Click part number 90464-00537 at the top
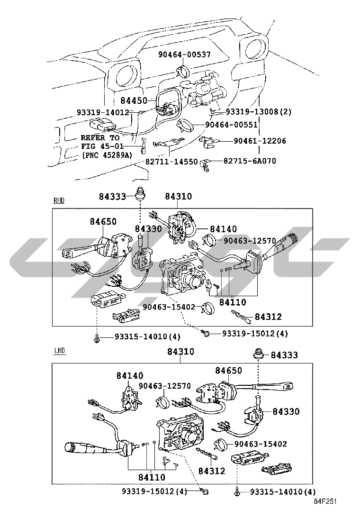point(184,55)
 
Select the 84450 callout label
point(134,100)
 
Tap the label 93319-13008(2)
point(259,111)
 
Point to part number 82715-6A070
point(250,161)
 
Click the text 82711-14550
point(171,162)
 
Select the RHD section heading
point(59,200)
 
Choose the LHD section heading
point(60,351)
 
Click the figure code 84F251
point(325,501)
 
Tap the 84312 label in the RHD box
point(268,317)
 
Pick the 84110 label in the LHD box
point(152,477)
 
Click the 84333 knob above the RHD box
point(140,195)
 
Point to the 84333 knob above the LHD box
point(258,354)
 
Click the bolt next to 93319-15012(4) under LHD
point(205,492)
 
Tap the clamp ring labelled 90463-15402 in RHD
point(208,308)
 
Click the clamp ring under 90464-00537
point(182,71)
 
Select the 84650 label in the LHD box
point(228,371)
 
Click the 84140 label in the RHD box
point(223,229)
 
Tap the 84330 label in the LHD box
point(286,411)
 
